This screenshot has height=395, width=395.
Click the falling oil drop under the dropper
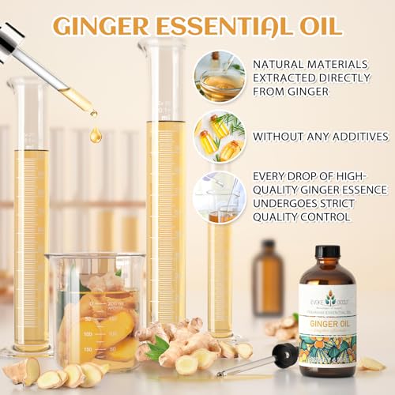96,135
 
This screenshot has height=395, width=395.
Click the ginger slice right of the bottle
371,363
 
